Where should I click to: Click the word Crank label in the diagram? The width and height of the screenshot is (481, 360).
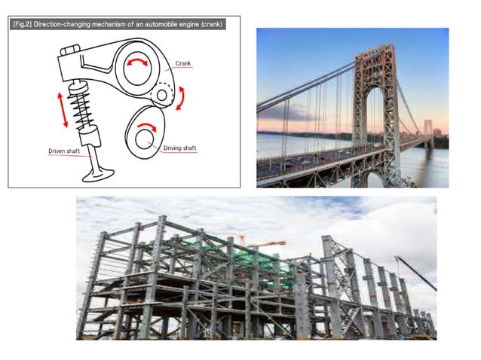coord(183,63)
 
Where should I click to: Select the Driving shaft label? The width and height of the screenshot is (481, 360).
coord(180,148)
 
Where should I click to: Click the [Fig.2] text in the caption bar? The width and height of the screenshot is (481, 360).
coord(23,24)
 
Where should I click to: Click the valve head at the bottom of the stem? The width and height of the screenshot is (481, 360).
coord(97,172)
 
